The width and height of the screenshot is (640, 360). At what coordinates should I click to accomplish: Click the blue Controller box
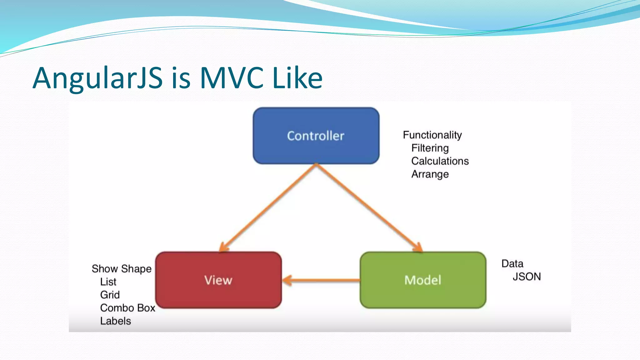tap(316, 136)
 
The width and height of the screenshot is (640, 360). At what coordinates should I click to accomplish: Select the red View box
tap(218, 280)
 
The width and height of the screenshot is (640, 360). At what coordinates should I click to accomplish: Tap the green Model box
tap(423, 280)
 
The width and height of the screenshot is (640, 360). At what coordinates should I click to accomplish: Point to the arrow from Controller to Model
tap(369, 207)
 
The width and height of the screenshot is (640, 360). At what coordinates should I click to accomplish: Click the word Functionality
tap(432, 135)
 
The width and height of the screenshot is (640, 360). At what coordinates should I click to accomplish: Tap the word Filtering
tap(430, 148)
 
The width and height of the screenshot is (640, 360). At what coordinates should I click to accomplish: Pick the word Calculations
tap(440, 161)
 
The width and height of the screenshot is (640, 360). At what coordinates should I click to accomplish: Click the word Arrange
tap(430, 174)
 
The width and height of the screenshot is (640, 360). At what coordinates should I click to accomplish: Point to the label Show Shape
tap(122, 269)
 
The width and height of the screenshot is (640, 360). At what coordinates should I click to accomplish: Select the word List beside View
tap(108, 282)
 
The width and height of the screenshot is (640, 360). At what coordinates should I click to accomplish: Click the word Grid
tap(110, 295)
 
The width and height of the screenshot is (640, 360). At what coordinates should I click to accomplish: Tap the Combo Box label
tap(127, 308)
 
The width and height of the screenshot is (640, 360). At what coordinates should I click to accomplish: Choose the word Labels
tap(116, 321)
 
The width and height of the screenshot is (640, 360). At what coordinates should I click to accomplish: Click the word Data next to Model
tap(512, 264)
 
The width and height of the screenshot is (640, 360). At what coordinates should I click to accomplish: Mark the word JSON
tap(527, 277)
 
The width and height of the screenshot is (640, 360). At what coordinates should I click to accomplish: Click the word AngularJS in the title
tap(98, 78)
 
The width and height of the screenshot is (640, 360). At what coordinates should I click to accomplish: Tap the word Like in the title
tap(297, 78)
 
